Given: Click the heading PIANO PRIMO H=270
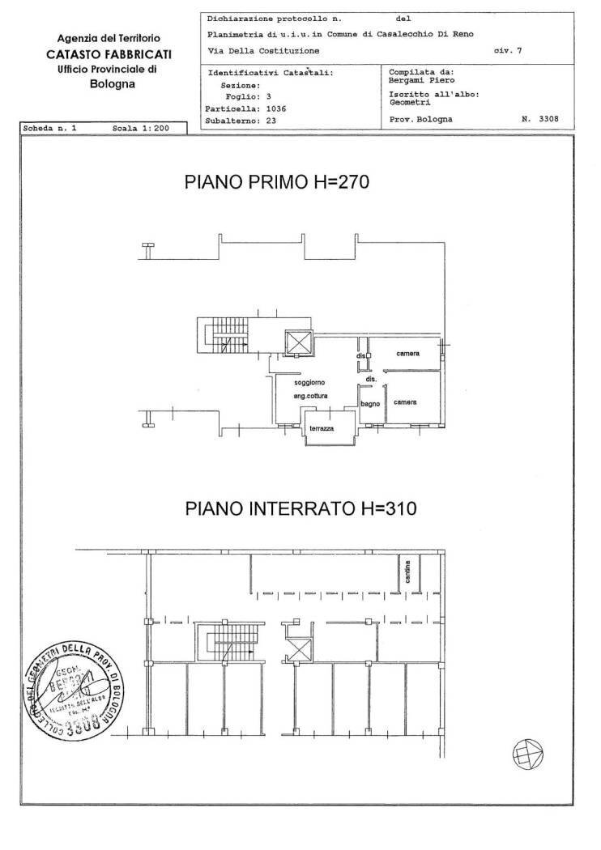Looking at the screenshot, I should coord(277,182).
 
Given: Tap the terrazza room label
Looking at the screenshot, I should coord(332,428).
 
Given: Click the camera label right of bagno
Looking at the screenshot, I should coord(405,402).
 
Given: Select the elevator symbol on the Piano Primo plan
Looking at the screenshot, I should coord(298,343).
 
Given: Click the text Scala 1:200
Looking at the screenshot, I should coord(143,128).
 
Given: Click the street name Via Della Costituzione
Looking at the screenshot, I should coord(263,50).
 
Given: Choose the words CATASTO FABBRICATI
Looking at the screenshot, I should coord(108,54).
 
